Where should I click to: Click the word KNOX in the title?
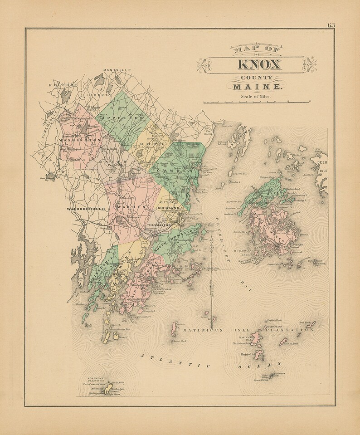pyautogui.click(x=259, y=64)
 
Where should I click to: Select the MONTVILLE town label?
pyautogui.click(x=117, y=70)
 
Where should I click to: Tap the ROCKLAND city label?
pyautogui.click(x=169, y=208)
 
